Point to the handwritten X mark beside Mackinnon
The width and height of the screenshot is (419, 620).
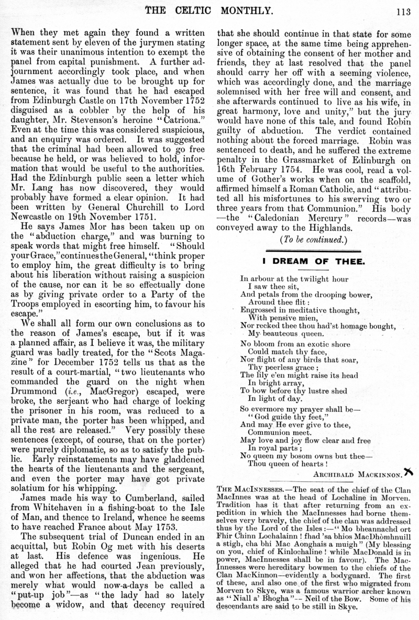(x=408, y=472)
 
